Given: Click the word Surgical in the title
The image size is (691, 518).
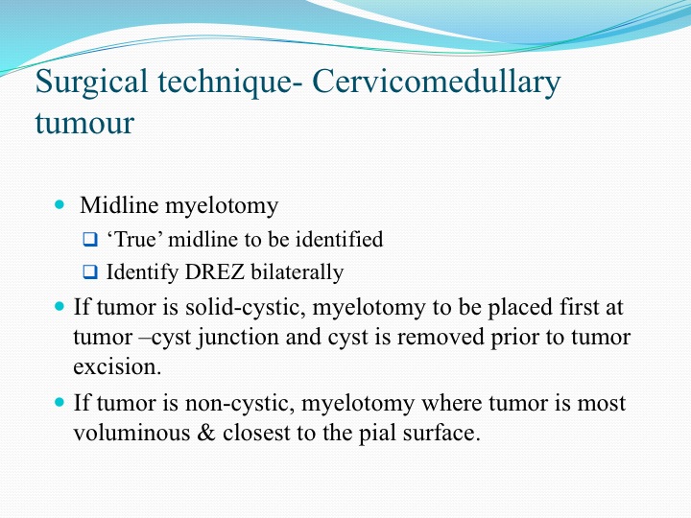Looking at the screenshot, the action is pyautogui.click(x=91, y=82).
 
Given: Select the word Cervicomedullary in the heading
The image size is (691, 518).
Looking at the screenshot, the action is pyautogui.click(x=437, y=82).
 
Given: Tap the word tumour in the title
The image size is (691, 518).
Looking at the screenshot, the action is pyautogui.click(x=84, y=123).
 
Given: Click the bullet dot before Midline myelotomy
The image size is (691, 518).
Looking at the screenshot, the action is pyautogui.click(x=60, y=204).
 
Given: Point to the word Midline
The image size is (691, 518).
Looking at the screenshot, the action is pyautogui.click(x=119, y=205).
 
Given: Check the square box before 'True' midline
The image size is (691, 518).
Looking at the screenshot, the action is pyautogui.click(x=90, y=240).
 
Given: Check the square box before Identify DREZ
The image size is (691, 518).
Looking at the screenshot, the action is pyautogui.click(x=90, y=271).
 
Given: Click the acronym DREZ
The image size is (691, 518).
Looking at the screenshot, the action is pyautogui.click(x=215, y=271).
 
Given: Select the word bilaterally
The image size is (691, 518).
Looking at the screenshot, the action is pyautogui.click(x=297, y=272).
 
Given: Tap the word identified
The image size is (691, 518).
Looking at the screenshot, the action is pyautogui.click(x=339, y=240).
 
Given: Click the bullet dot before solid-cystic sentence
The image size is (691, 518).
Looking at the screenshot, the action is pyautogui.click(x=60, y=306).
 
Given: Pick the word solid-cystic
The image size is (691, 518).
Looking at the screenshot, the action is pyautogui.click(x=246, y=308).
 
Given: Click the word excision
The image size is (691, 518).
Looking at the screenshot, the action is pyautogui.click(x=117, y=366).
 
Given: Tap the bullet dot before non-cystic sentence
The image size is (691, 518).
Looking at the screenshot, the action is pyautogui.click(x=60, y=402).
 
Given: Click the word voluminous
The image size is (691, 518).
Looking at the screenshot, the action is pyautogui.click(x=131, y=433).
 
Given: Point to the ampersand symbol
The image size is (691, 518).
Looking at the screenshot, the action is pyautogui.click(x=206, y=433).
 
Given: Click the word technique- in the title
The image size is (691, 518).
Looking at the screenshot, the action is pyautogui.click(x=229, y=82).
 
